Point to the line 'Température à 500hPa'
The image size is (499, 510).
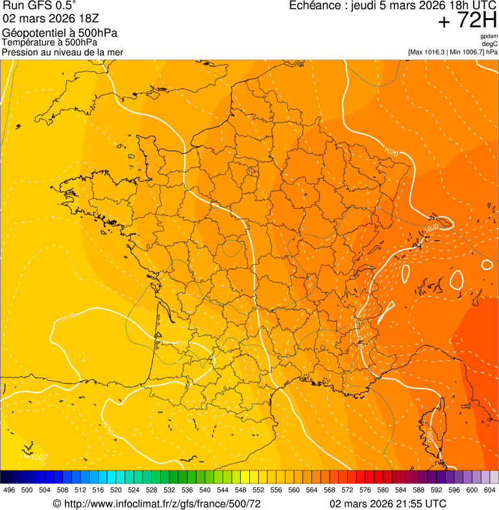click(x=55, y=43)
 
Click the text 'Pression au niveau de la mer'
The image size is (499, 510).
click(x=62, y=52)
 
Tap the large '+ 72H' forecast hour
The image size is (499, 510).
click(x=467, y=21)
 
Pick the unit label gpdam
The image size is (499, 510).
click(x=489, y=36)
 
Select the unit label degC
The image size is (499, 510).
click(x=490, y=43)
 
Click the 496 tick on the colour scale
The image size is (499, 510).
click(x=9, y=491)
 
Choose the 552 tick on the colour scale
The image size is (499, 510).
click(x=258, y=491)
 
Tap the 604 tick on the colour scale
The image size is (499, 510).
click(x=489, y=491)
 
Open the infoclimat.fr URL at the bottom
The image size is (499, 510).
click(x=162, y=503)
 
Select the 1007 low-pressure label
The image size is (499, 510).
click(x=39, y=457)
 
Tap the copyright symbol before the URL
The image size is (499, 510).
click(x=56, y=503)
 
